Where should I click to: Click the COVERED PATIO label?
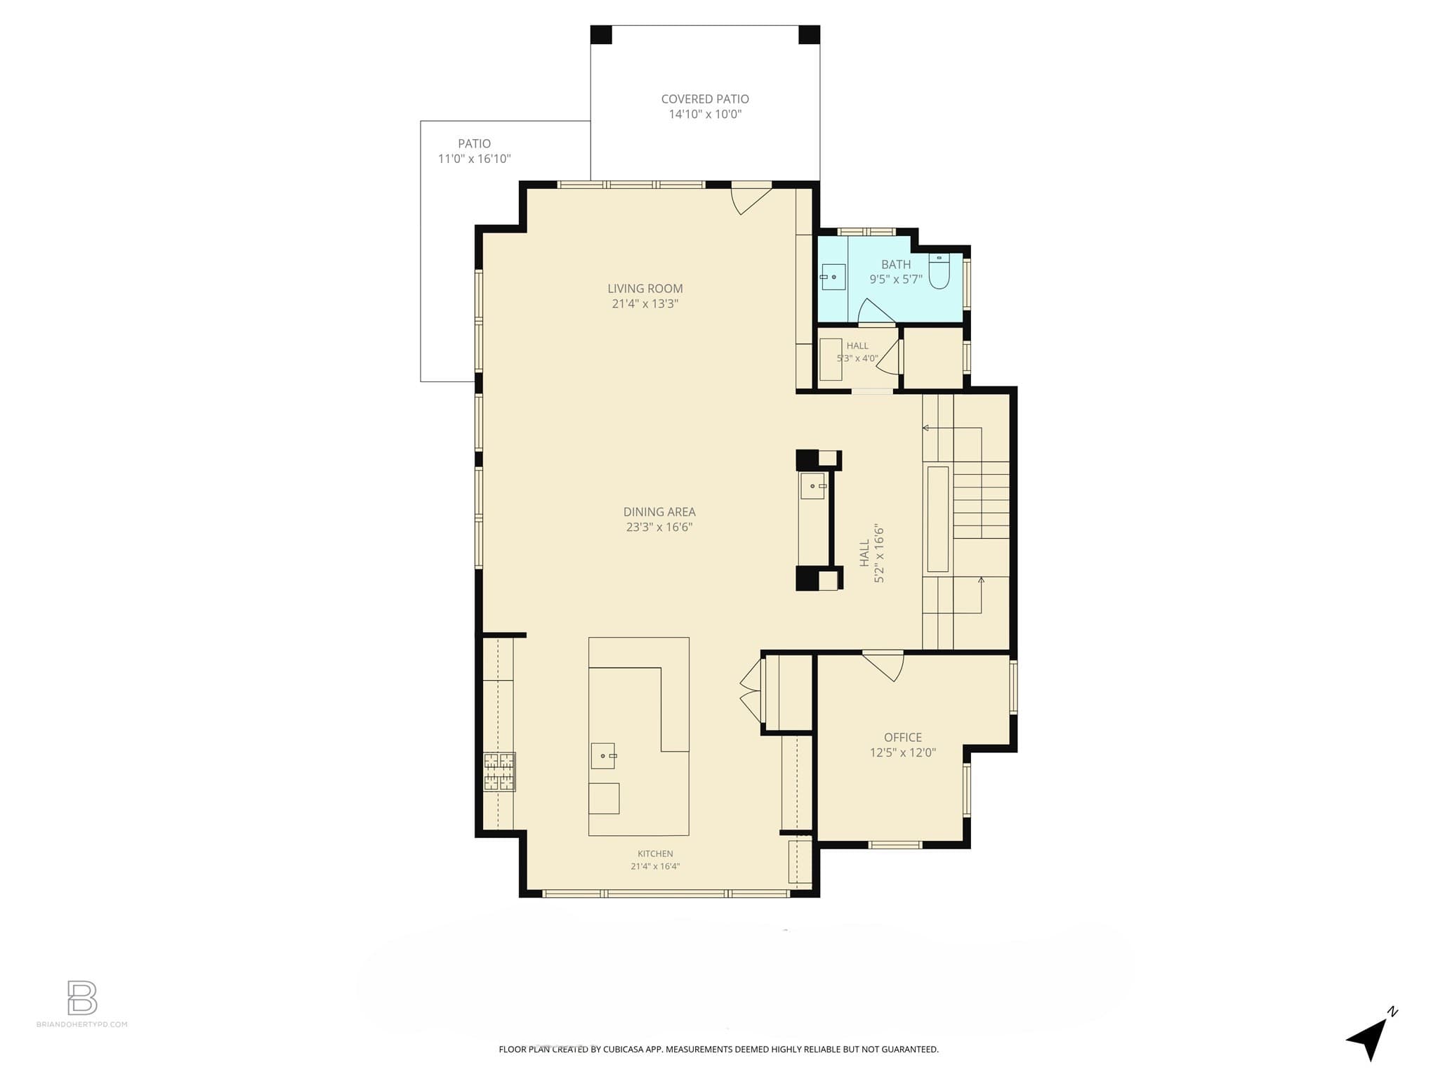[705, 99]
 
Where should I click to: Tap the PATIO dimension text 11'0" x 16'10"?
[474, 159]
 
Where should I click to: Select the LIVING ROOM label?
[645, 288]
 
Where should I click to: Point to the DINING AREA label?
[659, 512]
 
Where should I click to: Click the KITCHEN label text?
[655, 854]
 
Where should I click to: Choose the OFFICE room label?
[902, 738]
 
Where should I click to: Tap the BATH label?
[896, 265]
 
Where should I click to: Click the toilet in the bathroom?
[939, 271]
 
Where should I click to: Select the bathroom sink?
[833, 277]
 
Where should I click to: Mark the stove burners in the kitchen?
[499, 772]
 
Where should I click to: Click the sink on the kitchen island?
[603, 756]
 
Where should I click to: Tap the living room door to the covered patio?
[751, 200]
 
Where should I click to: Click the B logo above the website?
[82, 998]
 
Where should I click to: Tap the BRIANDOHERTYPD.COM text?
[82, 1024]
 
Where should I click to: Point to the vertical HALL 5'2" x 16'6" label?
[871, 554]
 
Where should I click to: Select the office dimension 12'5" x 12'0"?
[902, 753]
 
